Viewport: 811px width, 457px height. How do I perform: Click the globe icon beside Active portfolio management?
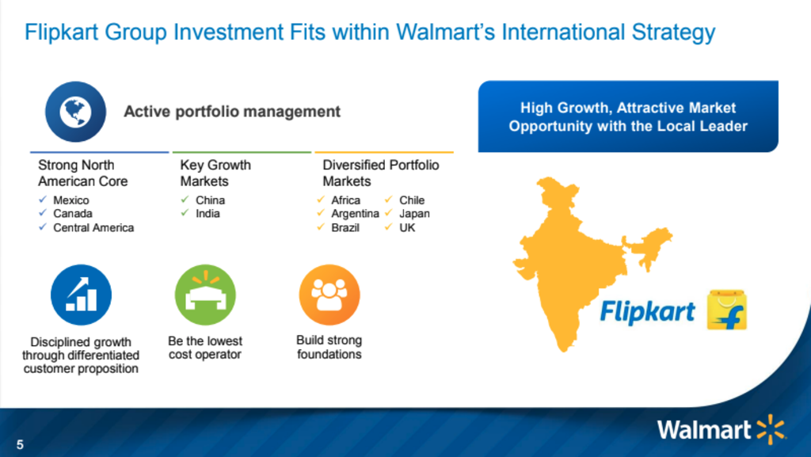(x=75, y=112)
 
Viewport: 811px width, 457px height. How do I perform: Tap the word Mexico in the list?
(x=70, y=200)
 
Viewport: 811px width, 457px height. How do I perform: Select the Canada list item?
(x=72, y=214)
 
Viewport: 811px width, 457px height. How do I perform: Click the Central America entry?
(x=93, y=227)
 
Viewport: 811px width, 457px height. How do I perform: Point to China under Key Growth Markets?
(x=210, y=200)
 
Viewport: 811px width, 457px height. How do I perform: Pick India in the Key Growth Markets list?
(x=208, y=214)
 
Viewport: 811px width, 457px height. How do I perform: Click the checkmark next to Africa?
(x=321, y=200)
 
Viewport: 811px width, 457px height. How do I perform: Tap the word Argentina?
(x=355, y=214)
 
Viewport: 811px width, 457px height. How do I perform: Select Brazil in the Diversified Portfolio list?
(x=345, y=227)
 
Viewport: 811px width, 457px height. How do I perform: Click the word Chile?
(x=412, y=200)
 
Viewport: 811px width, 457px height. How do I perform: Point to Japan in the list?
(x=414, y=214)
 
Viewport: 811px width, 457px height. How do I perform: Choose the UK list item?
(x=407, y=227)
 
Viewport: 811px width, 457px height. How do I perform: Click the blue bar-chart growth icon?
(x=82, y=295)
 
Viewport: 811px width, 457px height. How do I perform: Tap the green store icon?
(x=205, y=295)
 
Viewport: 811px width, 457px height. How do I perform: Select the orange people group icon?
(x=329, y=295)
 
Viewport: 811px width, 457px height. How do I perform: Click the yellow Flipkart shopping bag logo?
(x=727, y=310)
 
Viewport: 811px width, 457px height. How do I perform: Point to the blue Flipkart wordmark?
(x=647, y=312)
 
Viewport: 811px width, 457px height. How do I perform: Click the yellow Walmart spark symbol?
(x=771, y=429)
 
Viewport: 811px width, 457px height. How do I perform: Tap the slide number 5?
(x=20, y=444)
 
